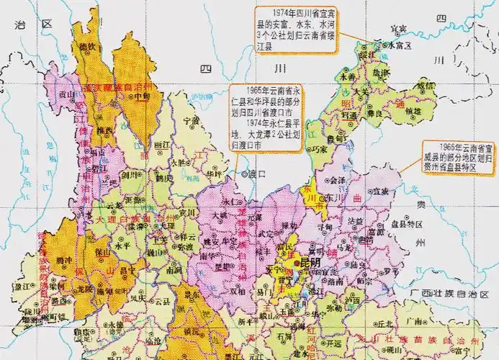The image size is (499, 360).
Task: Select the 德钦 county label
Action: pyautogui.click(x=86, y=47)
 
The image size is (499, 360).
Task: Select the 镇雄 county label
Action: pyautogui.click(x=413, y=111)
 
